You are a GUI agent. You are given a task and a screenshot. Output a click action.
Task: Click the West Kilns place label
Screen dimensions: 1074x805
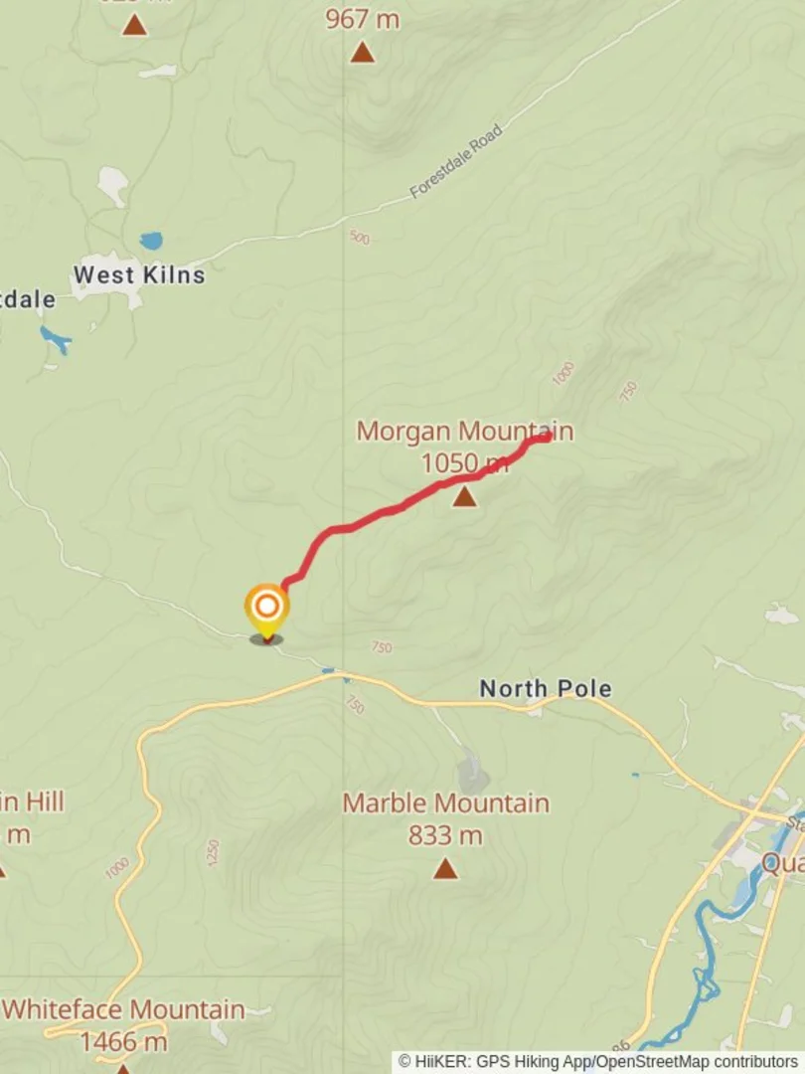pyautogui.click(x=139, y=274)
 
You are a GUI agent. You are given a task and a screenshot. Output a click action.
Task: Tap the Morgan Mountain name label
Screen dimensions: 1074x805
pyautogui.click(x=464, y=432)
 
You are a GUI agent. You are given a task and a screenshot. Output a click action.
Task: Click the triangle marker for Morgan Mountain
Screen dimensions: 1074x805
pyautogui.click(x=464, y=495)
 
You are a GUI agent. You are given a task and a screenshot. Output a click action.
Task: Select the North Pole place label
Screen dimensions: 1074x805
pyautogui.click(x=545, y=688)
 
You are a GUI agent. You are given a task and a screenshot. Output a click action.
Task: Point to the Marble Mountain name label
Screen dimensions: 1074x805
pyautogui.click(x=445, y=804)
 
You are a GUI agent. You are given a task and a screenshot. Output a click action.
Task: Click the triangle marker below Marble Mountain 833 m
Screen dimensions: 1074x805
pyautogui.click(x=445, y=869)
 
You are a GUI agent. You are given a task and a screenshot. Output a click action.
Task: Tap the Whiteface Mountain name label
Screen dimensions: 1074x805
pyautogui.click(x=123, y=1010)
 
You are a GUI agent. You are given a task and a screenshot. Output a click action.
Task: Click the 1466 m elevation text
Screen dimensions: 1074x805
pyautogui.click(x=123, y=1042)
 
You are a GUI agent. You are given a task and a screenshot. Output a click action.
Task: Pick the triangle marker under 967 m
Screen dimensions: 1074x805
pyautogui.click(x=362, y=52)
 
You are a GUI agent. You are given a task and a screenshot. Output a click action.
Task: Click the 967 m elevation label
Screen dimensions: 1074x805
pyautogui.click(x=362, y=19)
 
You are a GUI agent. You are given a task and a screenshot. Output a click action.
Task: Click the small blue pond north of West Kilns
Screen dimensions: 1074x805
pyautogui.click(x=151, y=241)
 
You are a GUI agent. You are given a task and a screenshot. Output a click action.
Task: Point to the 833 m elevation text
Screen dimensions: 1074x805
pyautogui.click(x=445, y=835)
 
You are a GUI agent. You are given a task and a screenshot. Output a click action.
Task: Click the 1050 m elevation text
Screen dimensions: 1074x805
pyautogui.click(x=464, y=462)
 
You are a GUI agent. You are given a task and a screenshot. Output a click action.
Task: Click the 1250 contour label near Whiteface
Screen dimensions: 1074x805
pyautogui.click(x=213, y=852)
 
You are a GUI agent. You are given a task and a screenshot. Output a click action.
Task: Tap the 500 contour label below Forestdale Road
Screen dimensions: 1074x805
pyautogui.click(x=359, y=238)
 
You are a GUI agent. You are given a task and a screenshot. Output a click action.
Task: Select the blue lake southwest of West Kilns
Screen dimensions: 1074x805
pyautogui.click(x=56, y=340)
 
